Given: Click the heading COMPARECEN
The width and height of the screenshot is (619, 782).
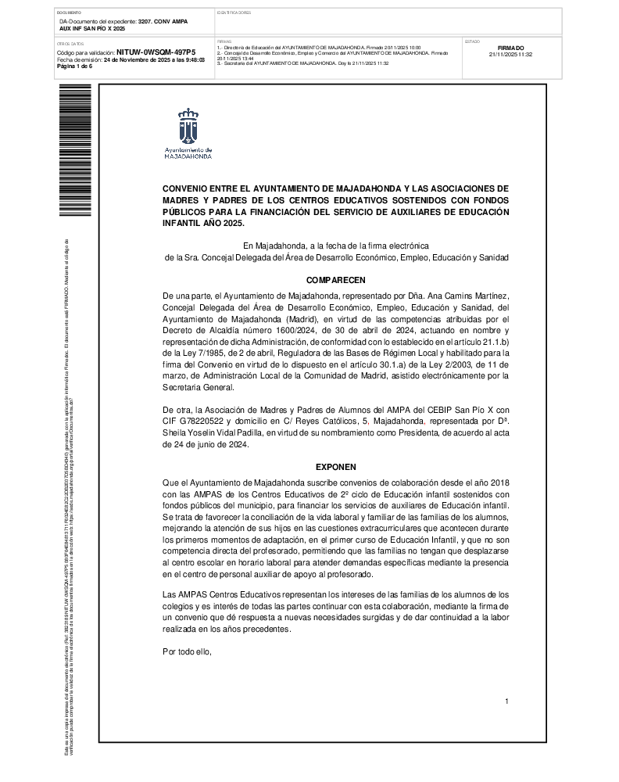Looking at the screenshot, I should (335, 279).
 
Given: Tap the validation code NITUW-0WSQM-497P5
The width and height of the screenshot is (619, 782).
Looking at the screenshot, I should (156, 52).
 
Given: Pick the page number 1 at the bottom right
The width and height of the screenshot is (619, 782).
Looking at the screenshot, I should (506, 701).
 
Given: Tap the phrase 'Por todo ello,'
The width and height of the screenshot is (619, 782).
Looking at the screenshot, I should (187, 651).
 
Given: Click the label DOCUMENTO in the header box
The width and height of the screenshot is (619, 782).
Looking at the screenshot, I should (70, 13).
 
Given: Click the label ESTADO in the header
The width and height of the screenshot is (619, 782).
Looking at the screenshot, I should (472, 41).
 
